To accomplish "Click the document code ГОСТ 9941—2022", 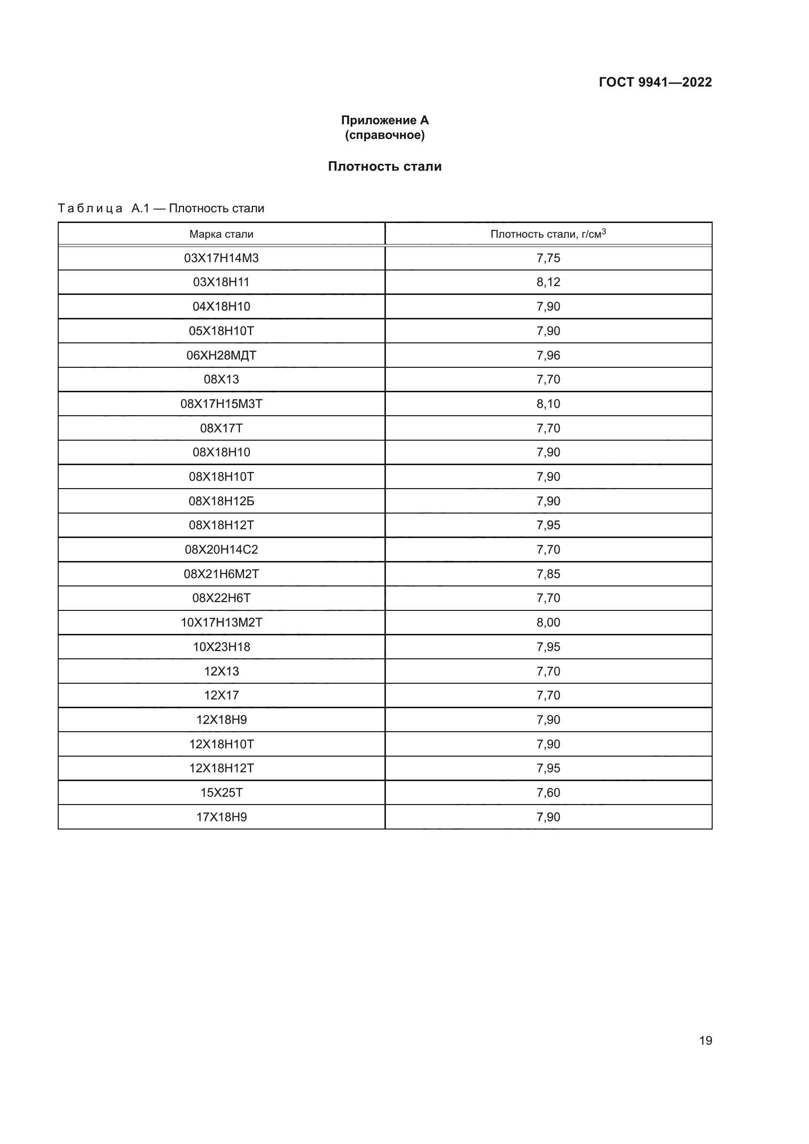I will pos(655,82).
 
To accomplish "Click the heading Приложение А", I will pos(384,120).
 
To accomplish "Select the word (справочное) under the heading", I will pos(384,135).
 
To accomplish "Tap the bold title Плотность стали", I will pos(384,166).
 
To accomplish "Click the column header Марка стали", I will pos(221,234).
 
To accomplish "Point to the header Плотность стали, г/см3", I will pos(548,234).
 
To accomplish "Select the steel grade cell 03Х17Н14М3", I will pos(221,258).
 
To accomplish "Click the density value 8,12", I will pos(548,282).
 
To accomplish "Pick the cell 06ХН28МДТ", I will pos(221,355).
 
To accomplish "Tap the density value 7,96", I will pos(548,355).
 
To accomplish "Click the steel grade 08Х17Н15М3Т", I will pos(221,404).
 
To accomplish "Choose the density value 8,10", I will pos(548,404).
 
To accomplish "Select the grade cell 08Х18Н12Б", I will pos(221,501).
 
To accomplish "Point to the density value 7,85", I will pos(548,574).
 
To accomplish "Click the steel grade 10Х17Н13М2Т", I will pos(221,622).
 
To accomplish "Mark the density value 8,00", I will pos(548,622).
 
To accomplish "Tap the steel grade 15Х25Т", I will pos(221,792).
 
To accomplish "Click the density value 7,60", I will pos(548,792).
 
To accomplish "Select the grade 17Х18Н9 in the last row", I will pos(221,817).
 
